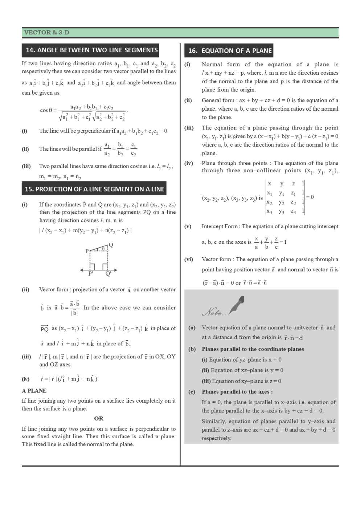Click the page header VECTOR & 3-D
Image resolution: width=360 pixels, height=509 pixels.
tap(46, 33)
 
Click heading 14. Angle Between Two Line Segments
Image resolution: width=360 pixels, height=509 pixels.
tap(92, 50)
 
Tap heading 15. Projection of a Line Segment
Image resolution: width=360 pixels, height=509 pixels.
tap(94, 189)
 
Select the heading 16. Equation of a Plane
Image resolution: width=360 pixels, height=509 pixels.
tap(230, 51)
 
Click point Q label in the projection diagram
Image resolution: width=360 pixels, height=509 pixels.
tap(111, 245)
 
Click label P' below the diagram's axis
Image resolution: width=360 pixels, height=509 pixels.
tap(91, 274)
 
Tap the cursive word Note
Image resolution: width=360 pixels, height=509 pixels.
tap(214, 312)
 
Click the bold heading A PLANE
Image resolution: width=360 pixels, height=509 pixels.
tap(34, 391)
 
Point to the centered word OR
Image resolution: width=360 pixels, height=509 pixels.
tap(99, 418)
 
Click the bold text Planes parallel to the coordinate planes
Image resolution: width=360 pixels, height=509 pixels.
tap(253, 349)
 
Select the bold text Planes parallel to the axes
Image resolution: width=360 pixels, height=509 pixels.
tap(237, 392)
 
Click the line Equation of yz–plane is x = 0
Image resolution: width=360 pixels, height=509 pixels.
tap(242, 360)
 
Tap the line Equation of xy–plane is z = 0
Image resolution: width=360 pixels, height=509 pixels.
tap(242, 381)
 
